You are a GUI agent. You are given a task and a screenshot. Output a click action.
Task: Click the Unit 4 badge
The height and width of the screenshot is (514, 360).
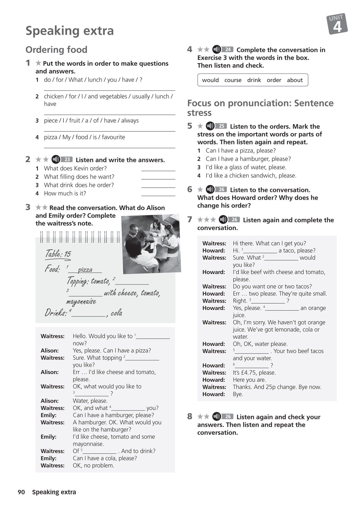337,24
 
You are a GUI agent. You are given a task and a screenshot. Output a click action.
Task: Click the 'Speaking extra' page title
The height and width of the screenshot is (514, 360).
69,31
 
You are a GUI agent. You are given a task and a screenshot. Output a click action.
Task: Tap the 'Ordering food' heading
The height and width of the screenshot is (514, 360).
56,50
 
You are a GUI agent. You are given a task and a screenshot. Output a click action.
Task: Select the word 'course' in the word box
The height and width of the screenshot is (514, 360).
233,80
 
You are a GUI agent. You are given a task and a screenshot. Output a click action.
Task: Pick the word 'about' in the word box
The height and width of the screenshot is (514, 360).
294,80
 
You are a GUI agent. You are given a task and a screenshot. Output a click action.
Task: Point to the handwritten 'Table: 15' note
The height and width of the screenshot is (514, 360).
58,254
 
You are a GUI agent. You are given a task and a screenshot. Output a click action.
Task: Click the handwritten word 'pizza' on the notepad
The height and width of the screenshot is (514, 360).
85,269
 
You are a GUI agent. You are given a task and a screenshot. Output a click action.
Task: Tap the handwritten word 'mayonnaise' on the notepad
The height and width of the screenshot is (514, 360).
81,301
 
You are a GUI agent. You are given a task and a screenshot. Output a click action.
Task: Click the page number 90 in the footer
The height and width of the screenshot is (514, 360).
21,492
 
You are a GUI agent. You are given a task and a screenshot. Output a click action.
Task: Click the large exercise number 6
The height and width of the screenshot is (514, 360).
190,190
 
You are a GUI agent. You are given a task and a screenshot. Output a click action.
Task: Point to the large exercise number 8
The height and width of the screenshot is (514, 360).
190,417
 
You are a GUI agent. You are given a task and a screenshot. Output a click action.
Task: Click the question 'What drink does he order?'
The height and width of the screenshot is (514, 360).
79,185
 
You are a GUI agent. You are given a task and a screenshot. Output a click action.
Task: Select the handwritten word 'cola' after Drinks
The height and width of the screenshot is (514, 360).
116,313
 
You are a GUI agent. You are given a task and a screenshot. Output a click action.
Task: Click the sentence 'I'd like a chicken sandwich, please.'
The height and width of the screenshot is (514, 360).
251,176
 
